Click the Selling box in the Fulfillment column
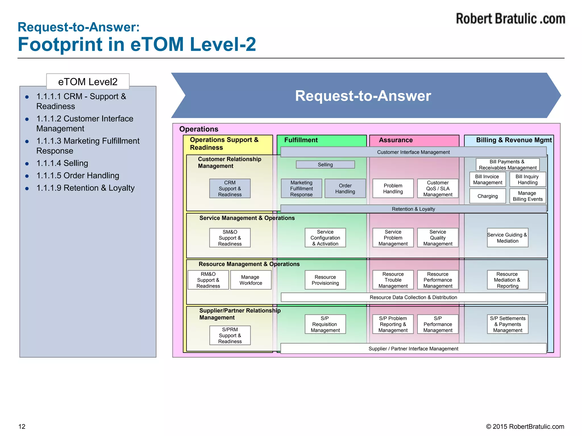(325, 165)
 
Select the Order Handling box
(345, 188)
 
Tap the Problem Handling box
(393, 188)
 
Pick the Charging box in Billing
(487, 196)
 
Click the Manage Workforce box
(251, 280)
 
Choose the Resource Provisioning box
(325, 280)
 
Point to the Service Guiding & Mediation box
(507, 238)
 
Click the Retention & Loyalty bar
(413, 209)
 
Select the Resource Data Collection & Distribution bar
(413, 297)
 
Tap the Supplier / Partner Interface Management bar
(413, 349)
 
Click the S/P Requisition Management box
(325, 324)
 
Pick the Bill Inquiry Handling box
(527, 179)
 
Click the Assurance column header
(396, 140)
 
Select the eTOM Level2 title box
(88, 82)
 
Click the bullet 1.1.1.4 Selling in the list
(62, 163)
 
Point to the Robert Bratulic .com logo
(510, 19)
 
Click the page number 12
(22, 426)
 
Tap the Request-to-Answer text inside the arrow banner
(363, 96)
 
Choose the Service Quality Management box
(438, 238)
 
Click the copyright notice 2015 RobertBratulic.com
(525, 426)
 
